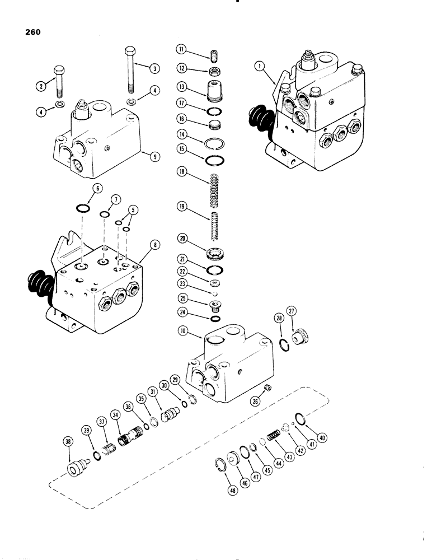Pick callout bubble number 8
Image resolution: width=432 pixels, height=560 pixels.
click(154, 244)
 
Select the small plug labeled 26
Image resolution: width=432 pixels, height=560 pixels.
click(267, 388)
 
